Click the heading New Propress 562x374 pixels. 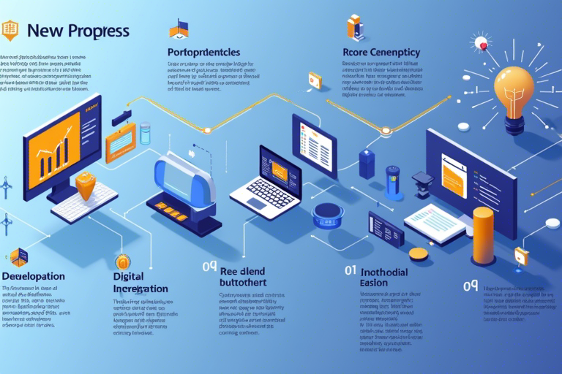pos(78,31)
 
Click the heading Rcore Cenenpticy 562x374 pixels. pos(381,53)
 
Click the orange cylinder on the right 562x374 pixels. pos(483,235)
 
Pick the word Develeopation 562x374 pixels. pos(33,277)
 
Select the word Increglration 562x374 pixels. pos(141,289)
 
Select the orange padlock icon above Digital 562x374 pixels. pos(122,261)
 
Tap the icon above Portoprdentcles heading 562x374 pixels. pos(179,28)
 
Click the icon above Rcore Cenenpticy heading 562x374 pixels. pos(356,27)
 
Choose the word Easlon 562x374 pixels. pos(375,283)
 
